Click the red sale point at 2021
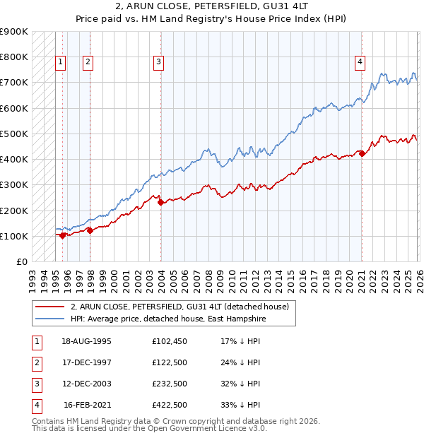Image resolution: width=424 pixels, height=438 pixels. click(362, 153)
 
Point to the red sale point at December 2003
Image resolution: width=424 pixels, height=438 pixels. click(160, 202)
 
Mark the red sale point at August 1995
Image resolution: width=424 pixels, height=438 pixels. click(63, 235)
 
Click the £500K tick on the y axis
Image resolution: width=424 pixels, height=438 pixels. click(14, 134)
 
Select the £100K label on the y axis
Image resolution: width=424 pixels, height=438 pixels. click(14, 236)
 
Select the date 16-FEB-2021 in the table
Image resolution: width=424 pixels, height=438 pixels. click(87, 405)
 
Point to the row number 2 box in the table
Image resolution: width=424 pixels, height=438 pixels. click(37, 362)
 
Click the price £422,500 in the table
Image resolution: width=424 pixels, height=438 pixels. click(169, 405)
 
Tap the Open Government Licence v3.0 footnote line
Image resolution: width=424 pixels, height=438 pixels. click(149, 429)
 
